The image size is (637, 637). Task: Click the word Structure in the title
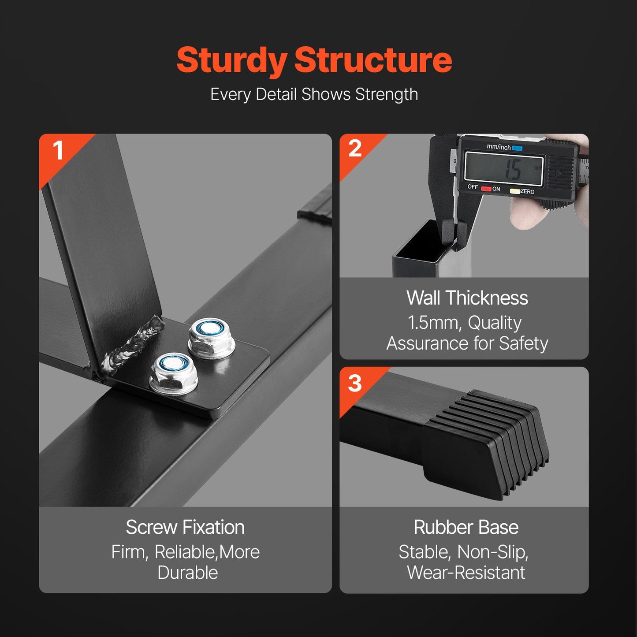[x=373, y=60]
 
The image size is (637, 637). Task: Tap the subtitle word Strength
[x=387, y=95]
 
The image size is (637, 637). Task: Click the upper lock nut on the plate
[x=212, y=338]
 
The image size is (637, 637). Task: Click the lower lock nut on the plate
[x=174, y=374]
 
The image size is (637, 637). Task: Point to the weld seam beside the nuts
[x=132, y=344]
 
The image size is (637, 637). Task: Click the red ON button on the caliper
[x=486, y=189]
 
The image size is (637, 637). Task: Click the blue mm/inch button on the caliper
[x=517, y=148]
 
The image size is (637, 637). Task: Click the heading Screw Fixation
[x=185, y=527]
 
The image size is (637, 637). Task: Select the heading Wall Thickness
[x=467, y=298]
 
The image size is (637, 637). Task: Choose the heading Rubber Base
[x=466, y=527]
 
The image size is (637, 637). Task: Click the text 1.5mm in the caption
[x=433, y=323]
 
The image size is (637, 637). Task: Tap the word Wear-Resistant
[x=466, y=573]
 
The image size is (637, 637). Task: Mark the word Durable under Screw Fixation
[x=188, y=573]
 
